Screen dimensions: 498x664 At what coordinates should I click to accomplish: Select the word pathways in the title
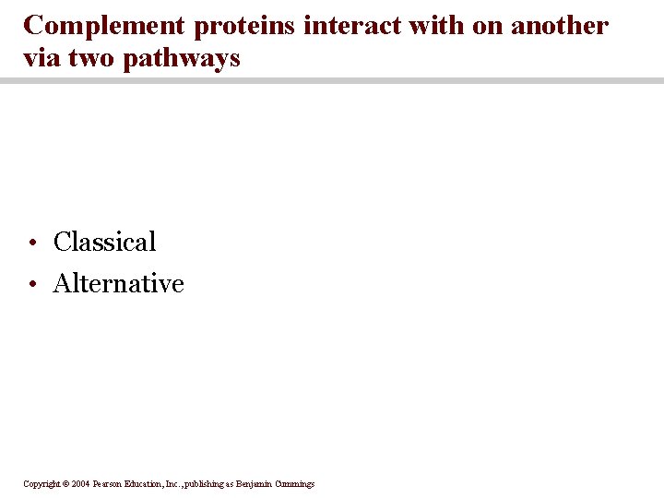pyautogui.click(x=182, y=59)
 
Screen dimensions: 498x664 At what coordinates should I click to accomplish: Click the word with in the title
pyautogui.click(x=434, y=26)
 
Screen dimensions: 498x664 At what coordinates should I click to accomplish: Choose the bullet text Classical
pyautogui.click(x=104, y=242)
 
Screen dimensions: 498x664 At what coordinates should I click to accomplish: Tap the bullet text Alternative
pyautogui.click(x=118, y=283)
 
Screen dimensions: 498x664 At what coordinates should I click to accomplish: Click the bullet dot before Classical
pyautogui.click(x=31, y=243)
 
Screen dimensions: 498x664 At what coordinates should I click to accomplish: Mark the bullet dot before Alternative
pyautogui.click(x=31, y=285)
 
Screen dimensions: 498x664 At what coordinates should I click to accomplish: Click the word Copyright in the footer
pyautogui.click(x=41, y=484)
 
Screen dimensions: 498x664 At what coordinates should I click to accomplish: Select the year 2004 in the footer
pyautogui.click(x=79, y=484)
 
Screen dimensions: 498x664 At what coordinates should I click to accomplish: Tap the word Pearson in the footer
pyautogui.click(x=109, y=484)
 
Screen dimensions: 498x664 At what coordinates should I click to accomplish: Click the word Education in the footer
pyautogui.click(x=148, y=484)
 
